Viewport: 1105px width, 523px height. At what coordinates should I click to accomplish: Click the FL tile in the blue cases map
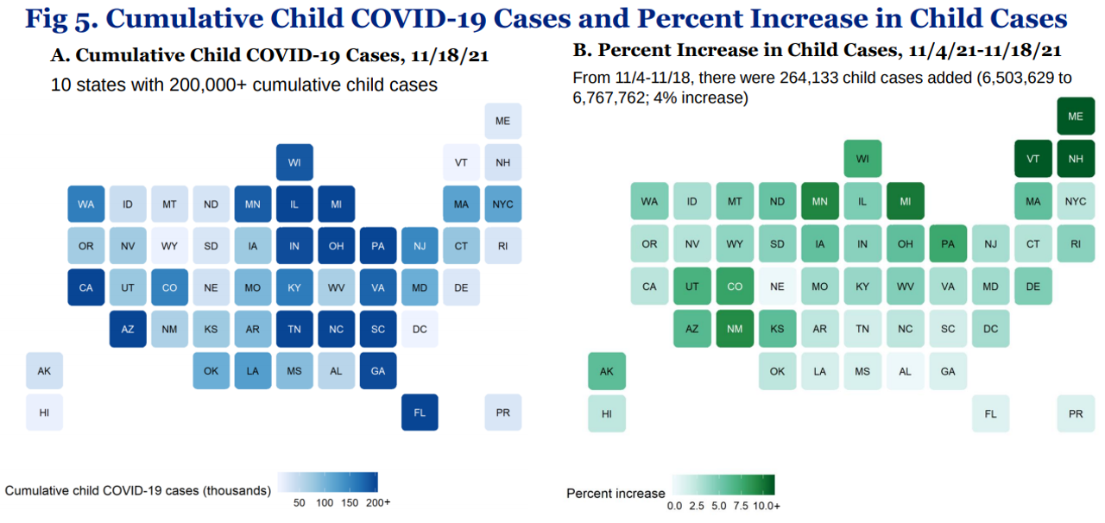[x=420, y=413]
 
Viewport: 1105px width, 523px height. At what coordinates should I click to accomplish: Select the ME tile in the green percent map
[x=1076, y=117]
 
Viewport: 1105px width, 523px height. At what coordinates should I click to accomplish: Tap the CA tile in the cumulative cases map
[x=86, y=287]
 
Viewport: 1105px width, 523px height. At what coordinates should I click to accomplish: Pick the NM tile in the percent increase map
[x=735, y=329]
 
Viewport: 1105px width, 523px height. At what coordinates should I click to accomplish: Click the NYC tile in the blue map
[x=502, y=205]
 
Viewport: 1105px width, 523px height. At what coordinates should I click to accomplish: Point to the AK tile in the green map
[x=607, y=371]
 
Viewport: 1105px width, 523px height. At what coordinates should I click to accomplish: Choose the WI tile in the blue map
[x=294, y=162]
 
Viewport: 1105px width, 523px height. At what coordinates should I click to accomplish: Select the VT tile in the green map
[x=1033, y=159]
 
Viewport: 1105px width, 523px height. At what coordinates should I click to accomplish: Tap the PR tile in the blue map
[x=502, y=413]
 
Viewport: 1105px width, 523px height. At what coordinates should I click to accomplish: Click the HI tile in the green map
[x=607, y=413]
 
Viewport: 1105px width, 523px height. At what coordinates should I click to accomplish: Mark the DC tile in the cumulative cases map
[x=420, y=329]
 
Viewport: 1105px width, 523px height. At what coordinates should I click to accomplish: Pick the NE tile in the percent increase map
[x=777, y=287]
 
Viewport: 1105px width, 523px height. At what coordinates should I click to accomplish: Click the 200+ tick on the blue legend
[x=377, y=502]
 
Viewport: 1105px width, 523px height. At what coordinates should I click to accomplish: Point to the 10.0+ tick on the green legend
[x=766, y=507]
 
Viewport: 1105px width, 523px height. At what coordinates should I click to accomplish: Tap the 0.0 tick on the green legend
[x=675, y=507]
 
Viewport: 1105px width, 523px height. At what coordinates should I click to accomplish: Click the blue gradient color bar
[x=328, y=482]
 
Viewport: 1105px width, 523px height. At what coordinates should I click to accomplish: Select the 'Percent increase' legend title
[x=616, y=494]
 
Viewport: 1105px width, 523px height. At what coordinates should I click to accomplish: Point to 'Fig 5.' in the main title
[x=65, y=19]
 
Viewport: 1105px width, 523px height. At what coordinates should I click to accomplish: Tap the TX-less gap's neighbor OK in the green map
[x=777, y=371]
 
